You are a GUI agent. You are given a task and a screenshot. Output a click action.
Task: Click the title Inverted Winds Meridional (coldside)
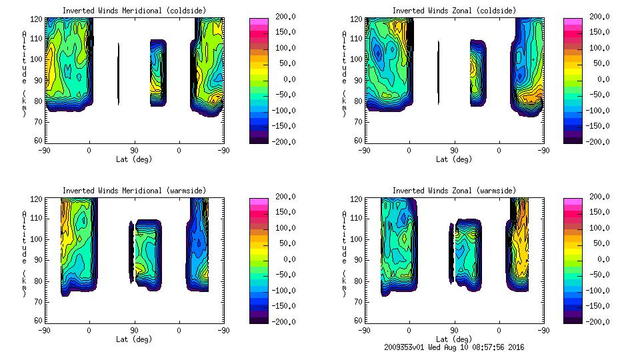pos(135,11)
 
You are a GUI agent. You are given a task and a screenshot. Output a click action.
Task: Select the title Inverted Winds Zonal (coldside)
pos(454,11)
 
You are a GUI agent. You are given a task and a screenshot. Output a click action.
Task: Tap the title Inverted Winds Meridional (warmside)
pos(135,191)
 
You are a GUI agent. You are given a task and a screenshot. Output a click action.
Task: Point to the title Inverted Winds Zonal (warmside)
pos(454,191)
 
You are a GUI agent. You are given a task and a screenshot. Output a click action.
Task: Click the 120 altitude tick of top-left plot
pos(37,20)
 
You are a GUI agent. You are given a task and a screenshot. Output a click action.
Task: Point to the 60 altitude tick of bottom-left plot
pos(39,320)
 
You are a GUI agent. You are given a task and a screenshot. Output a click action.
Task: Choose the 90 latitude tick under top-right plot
pos(454,151)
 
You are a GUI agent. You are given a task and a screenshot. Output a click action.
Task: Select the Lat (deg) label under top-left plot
pos(133,159)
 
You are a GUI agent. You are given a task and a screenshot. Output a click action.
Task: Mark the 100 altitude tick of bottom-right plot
pos(357,239)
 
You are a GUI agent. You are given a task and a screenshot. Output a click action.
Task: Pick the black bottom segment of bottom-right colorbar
pos(573,319)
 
